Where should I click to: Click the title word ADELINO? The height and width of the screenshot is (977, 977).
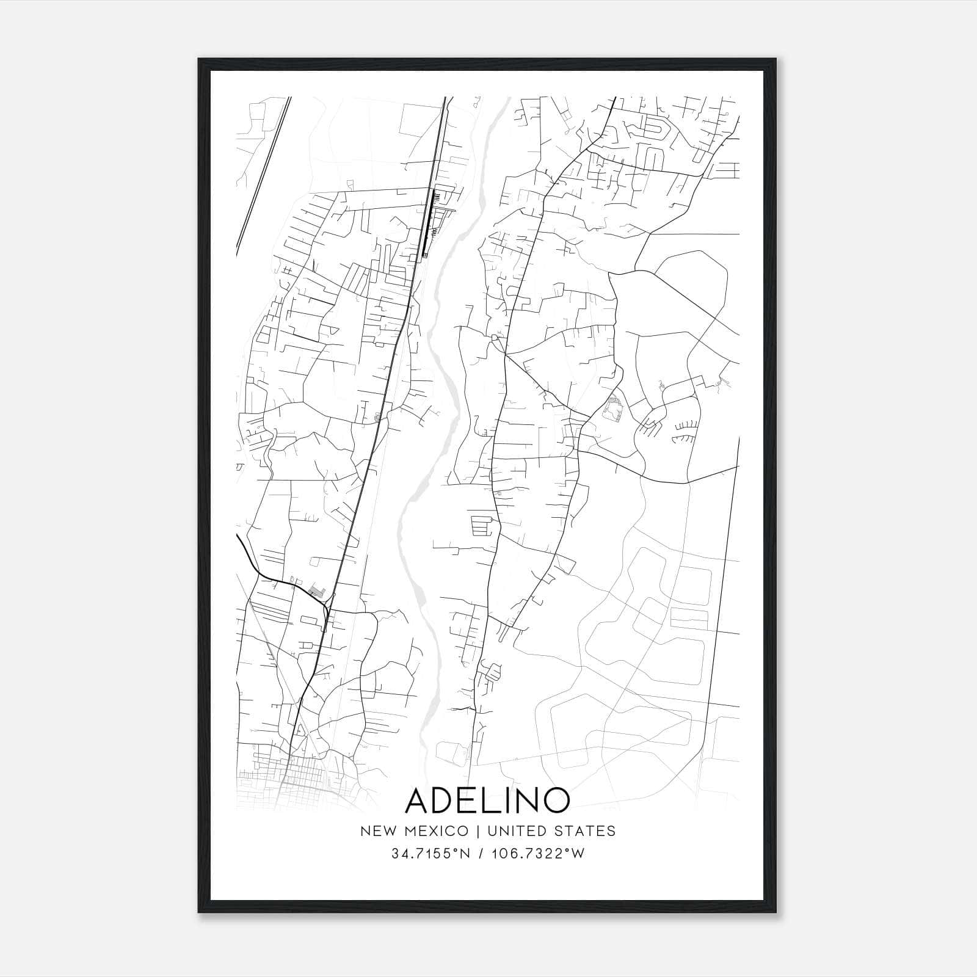point(488,800)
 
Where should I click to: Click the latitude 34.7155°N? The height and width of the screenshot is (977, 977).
point(431,854)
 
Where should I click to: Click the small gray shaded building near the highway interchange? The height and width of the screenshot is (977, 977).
point(316,590)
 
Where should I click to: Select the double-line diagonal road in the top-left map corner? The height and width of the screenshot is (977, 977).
point(263,174)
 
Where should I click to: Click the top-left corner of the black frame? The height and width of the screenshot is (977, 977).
point(200,60)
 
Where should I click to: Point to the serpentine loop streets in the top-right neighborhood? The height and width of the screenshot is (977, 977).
point(647,131)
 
